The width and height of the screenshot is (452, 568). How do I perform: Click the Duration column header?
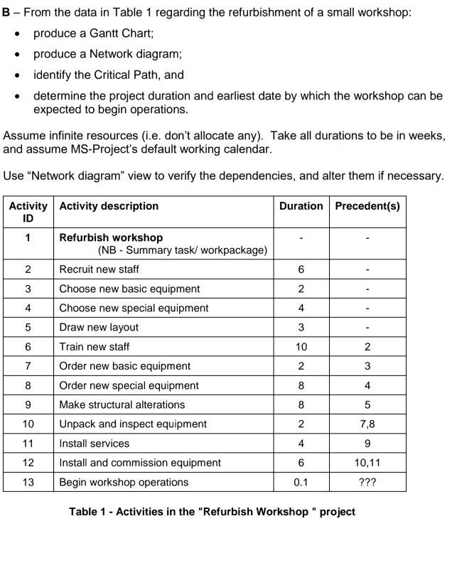pos(301,206)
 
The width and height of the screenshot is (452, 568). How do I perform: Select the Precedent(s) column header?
pos(367,206)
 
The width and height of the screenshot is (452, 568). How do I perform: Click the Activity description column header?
pos(109,206)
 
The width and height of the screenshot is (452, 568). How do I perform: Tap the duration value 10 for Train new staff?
pos(301,347)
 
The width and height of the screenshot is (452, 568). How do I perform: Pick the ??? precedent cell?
pos(367,483)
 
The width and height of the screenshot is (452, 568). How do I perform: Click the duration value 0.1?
pos(301,483)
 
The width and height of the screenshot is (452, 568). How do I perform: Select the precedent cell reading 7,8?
pos(367,424)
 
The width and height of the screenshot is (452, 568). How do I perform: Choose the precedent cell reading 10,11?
pos(367,463)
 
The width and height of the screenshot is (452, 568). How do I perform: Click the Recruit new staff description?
pos(99,269)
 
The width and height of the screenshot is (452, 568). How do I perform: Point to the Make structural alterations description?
pos(122,405)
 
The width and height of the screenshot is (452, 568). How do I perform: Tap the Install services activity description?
pos(94,444)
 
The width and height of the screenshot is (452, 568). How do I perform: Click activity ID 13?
pos(28,483)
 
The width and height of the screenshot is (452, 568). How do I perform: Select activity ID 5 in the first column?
pos(28,328)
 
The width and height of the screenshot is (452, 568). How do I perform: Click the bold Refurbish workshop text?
pos(111,237)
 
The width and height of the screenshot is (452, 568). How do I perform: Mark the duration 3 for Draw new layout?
pos(301,328)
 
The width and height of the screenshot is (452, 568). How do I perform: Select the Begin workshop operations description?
pos(124,483)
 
